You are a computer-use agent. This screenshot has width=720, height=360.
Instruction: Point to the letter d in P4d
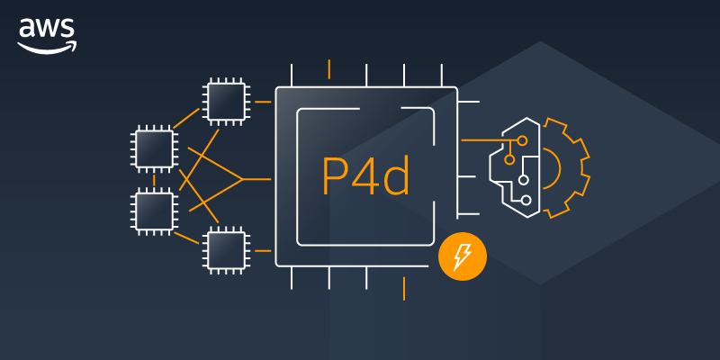pos(396,176)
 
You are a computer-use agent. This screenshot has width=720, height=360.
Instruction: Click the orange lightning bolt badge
pos(462,258)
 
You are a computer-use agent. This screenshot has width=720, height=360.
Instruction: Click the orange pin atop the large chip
pos(329,69)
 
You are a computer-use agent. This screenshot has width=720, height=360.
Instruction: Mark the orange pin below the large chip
pos(404,288)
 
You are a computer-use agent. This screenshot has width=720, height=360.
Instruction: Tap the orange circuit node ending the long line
pos(523,141)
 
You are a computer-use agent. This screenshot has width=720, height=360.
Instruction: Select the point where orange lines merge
pos(243,179)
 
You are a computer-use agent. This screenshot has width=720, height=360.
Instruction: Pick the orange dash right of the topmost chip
pos(263,102)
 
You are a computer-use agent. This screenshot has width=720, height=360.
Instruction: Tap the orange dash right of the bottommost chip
pos(263,249)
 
